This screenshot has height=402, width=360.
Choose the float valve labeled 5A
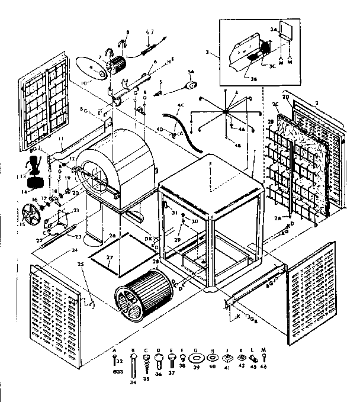point(191,85)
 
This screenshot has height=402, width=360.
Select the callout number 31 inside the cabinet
point(175,214)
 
